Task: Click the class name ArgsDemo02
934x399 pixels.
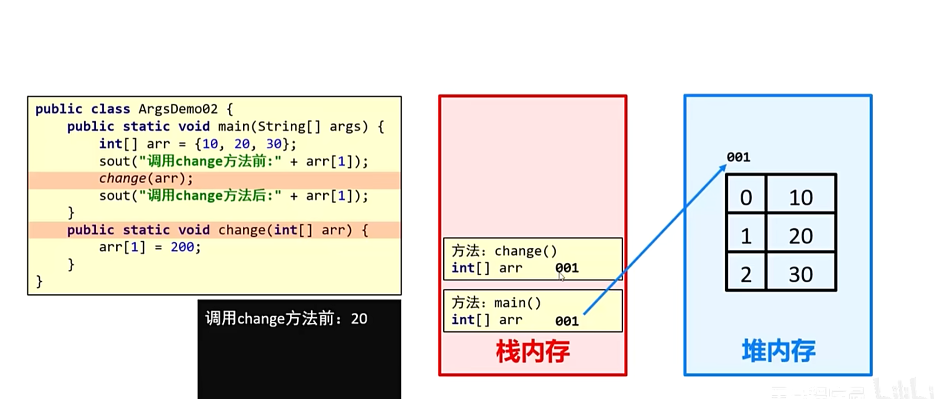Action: pyautogui.click(x=178, y=109)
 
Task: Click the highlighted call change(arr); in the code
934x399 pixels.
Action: pyautogui.click(x=146, y=179)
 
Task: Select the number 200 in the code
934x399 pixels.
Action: pyautogui.click(x=182, y=247)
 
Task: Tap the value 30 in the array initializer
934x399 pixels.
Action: pyautogui.click(x=274, y=144)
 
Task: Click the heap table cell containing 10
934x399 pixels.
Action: pyautogui.click(x=801, y=198)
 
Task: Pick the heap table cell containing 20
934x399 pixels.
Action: pyautogui.click(x=801, y=236)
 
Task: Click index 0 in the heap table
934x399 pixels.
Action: pyautogui.click(x=746, y=198)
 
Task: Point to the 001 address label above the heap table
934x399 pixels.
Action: pyautogui.click(x=738, y=157)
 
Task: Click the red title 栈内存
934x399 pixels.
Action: pyautogui.click(x=533, y=351)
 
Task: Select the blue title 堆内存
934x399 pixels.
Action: pyautogui.click(x=778, y=351)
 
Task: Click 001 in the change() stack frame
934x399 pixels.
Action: pyautogui.click(x=567, y=268)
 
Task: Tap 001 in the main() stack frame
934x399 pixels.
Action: pyautogui.click(x=567, y=321)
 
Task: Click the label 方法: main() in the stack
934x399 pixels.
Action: pyautogui.click(x=496, y=303)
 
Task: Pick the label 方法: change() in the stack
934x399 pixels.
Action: pyautogui.click(x=504, y=251)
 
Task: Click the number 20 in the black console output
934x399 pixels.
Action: pyautogui.click(x=359, y=319)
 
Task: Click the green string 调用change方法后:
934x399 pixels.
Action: pyautogui.click(x=210, y=196)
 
